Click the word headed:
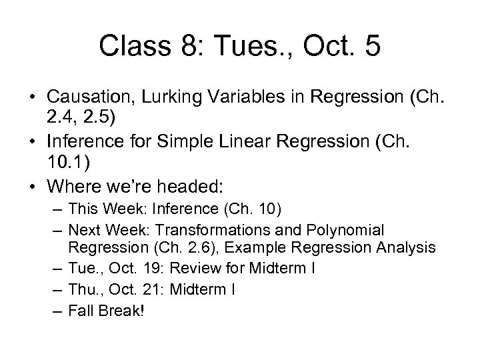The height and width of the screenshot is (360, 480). [x=188, y=184]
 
